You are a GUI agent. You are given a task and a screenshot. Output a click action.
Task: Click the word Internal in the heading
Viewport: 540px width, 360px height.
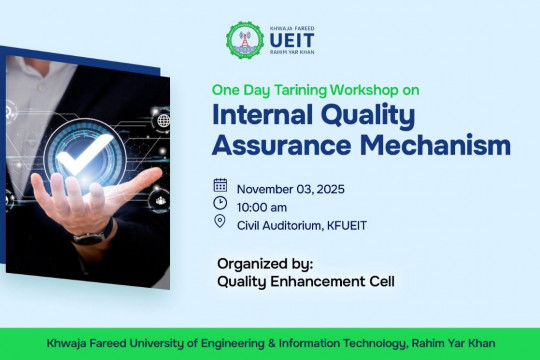263,115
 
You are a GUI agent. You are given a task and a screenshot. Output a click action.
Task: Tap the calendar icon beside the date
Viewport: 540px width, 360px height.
220,185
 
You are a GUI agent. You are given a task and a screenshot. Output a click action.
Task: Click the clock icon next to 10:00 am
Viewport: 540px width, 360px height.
220,204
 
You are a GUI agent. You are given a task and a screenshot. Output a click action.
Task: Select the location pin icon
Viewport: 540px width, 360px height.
220,223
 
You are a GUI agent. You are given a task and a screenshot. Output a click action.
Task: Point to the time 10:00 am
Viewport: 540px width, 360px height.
263,206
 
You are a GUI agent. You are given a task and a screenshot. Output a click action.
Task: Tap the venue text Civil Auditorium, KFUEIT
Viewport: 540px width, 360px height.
301,225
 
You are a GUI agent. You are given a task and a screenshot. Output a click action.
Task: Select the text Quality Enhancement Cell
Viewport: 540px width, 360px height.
306,282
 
